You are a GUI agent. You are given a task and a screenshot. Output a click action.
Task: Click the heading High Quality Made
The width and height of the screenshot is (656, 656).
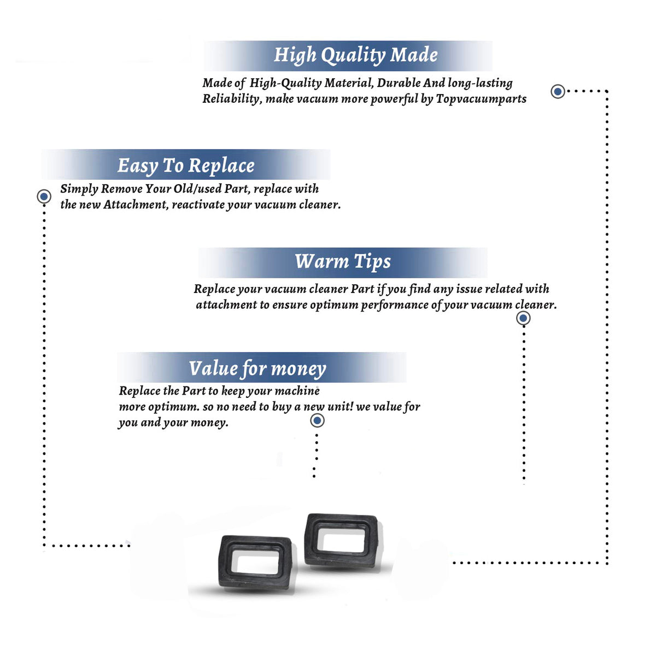(x=355, y=55)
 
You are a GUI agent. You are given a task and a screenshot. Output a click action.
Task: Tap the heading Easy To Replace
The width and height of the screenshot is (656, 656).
(x=186, y=166)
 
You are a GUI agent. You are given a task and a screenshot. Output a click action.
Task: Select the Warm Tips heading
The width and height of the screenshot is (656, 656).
(x=342, y=262)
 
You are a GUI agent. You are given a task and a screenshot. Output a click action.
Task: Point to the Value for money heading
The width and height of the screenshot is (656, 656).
(x=257, y=368)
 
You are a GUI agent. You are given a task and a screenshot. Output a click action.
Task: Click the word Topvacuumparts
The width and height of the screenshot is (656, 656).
(x=481, y=99)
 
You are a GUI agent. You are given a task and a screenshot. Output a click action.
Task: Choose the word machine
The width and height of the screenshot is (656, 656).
(x=297, y=391)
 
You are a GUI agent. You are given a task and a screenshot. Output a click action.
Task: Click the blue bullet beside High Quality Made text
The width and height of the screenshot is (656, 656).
(x=558, y=91)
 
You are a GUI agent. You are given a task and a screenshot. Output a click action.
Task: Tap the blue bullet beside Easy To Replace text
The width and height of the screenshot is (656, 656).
(x=44, y=196)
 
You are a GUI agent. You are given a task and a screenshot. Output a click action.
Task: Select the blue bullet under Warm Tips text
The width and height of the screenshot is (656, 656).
(x=523, y=318)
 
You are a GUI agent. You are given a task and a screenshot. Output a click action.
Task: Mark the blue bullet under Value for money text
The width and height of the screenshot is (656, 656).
(x=317, y=421)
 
